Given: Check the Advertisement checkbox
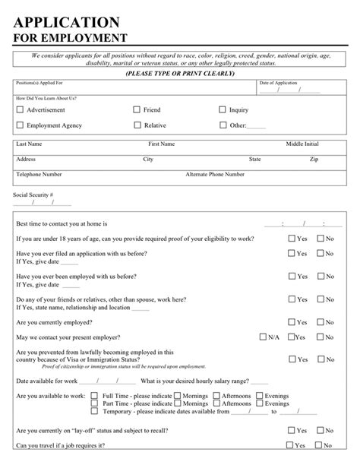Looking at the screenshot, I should (20, 110).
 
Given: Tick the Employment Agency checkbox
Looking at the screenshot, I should (20, 125).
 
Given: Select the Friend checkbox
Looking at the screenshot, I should (137, 110).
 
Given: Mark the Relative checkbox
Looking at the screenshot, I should (137, 125).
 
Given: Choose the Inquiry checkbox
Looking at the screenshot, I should (223, 110).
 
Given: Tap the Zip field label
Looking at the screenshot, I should (314, 160).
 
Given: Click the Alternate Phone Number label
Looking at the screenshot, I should (215, 174).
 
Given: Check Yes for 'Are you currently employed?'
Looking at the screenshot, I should (291, 322).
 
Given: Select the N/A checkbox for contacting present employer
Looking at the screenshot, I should (263, 337).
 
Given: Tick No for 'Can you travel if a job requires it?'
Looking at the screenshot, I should (320, 446).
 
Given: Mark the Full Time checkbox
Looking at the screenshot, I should (94, 396).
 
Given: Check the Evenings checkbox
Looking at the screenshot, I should (260, 396).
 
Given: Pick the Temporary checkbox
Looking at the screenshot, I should (94, 411).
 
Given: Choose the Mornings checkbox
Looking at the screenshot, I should (177, 396).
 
